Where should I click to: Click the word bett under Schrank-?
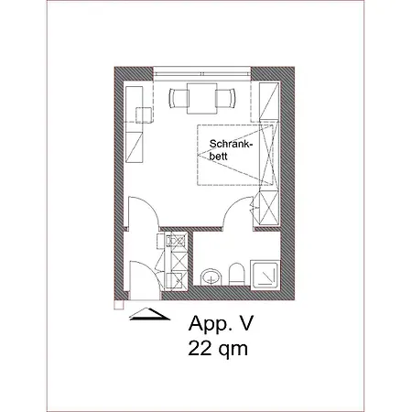220,157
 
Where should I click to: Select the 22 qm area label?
218,348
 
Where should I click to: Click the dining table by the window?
201,96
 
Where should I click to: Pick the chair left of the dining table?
178,96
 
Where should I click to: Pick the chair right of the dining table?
226,96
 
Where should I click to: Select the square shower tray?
266,272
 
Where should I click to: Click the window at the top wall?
202,74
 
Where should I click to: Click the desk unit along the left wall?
137,119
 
